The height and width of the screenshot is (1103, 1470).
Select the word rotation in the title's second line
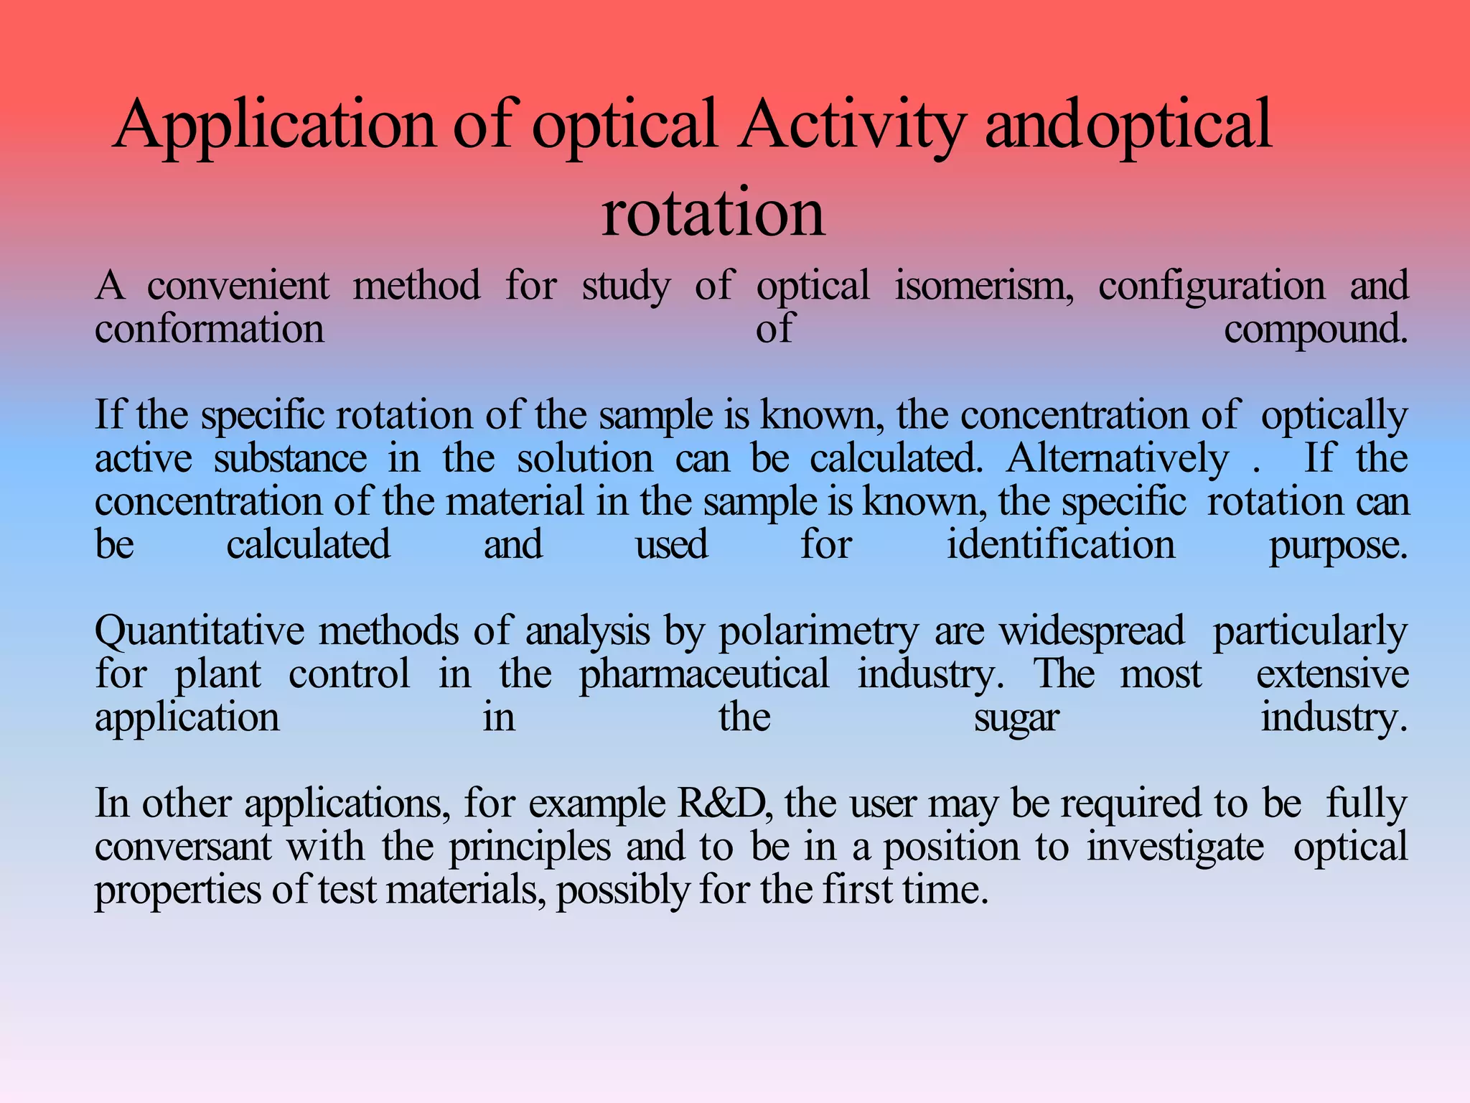pos(713,213)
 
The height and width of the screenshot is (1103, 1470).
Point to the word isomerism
pos(983,286)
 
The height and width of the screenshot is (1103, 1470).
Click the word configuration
pos(1212,286)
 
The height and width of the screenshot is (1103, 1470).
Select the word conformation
pos(210,329)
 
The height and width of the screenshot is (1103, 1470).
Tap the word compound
pos(1315,329)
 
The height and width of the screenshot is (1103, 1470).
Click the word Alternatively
pos(1117,458)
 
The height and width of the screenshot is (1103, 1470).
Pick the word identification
pos(1061,544)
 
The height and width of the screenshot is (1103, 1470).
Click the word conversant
pos(183,846)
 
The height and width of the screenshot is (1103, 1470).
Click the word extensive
pos(1332,674)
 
